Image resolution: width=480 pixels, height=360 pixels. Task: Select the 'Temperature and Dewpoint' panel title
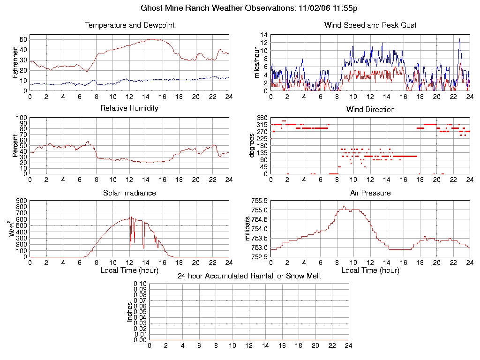tap(129, 25)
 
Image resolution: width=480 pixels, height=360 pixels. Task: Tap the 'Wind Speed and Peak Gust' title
tap(370, 25)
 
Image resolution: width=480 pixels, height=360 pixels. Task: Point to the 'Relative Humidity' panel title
tap(129, 108)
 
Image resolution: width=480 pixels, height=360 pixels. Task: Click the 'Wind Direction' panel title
tap(370, 109)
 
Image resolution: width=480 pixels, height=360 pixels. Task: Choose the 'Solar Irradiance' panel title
tap(129, 193)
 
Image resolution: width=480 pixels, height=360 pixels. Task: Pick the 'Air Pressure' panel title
tap(370, 193)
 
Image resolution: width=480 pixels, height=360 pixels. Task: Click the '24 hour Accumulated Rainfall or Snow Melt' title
tap(249, 276)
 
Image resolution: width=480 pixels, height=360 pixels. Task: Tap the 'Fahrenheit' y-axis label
tap(15, 62)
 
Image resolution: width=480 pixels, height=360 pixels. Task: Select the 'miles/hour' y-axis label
tap(257, 62)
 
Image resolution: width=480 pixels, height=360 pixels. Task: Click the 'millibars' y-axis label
tap(248, 229)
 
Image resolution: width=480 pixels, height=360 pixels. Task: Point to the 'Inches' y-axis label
tap(129, 312)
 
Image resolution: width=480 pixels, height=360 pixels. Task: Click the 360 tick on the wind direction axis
tap(262, 118)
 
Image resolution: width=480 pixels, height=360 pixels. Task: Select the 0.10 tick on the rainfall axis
tap(140, 284)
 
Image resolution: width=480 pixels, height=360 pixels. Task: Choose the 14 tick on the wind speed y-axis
tap(264, 35)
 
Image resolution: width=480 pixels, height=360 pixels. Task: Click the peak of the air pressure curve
tap(344, 206)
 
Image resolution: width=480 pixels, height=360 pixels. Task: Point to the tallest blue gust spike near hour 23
tap(459, 39)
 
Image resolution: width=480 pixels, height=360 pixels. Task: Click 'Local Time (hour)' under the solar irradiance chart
tap(129, 270)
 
